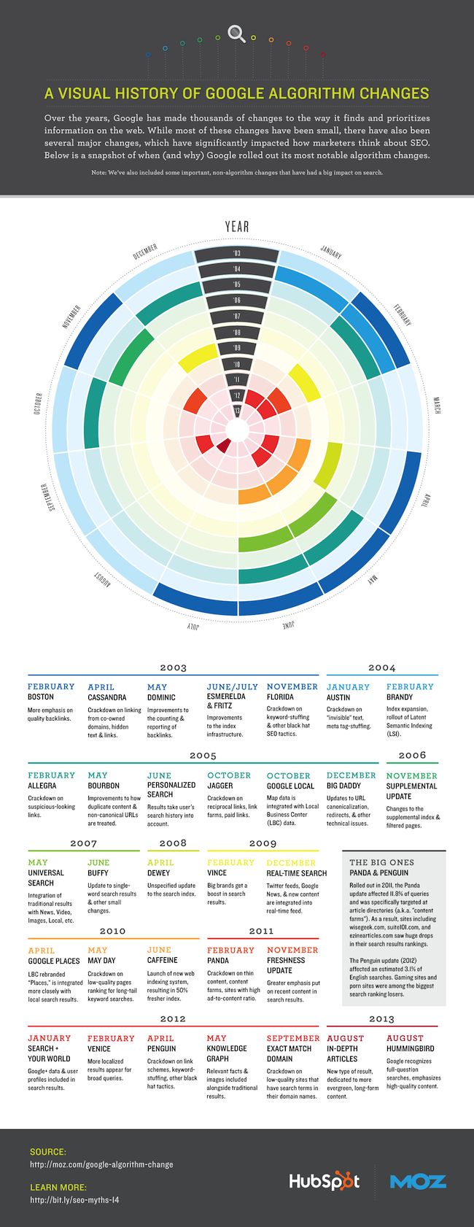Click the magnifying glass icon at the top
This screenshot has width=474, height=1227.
click(236, 34)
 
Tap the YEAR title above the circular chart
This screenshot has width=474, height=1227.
click(237, 226)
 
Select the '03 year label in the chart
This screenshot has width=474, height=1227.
click(237, 254)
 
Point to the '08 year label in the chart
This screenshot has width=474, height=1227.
click(237, 333)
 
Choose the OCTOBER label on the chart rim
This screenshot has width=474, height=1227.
click(38, 404)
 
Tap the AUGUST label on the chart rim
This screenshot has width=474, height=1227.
click(101, 580)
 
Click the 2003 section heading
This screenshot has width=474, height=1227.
click(174, 667)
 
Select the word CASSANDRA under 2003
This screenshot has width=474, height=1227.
click(107, 697)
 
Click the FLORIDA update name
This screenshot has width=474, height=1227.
click(280, 697)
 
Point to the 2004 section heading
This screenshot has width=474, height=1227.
click(381, 667)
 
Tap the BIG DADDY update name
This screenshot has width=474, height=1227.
click(343, 786)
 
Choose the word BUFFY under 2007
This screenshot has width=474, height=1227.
click(98, 872)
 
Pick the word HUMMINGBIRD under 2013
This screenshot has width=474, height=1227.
click(410, 1048)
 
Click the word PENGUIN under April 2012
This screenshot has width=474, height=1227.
click(161, 1048)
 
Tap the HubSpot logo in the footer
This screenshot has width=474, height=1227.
click(324, 1182)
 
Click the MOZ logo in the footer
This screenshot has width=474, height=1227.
click(418, 1182)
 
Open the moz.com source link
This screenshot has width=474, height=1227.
click(101, 1164)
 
